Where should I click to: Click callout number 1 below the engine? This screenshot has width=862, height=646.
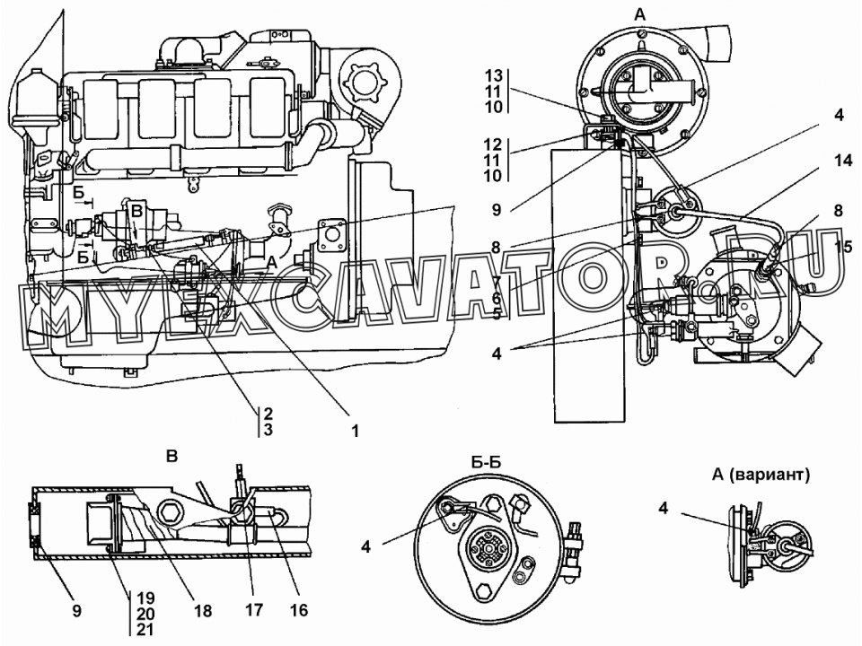[356, 431]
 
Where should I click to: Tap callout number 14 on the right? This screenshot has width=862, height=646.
[842, 161]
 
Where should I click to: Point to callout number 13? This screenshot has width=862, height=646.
[494, 75]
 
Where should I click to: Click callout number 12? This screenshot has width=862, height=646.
[494, 144]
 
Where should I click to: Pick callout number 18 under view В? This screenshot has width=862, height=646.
[203, 610]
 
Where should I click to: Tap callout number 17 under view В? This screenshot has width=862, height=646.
[253, 609]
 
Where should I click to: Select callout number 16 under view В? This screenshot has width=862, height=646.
[299, 609]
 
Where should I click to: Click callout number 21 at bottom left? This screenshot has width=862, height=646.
[145, 630]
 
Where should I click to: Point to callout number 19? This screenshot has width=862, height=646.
[145, 598]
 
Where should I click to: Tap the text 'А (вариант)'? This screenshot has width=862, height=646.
[761, 475]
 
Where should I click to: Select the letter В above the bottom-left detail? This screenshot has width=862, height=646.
[172, 456]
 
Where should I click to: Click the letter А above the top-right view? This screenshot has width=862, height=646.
[640, 15]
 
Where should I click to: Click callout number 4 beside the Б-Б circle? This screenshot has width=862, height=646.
[365, 546]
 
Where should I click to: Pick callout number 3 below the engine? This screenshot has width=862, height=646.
[268, 429]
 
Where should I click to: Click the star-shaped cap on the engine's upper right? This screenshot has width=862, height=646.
[362, 83]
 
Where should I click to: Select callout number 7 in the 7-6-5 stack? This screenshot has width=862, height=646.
[496, 284]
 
